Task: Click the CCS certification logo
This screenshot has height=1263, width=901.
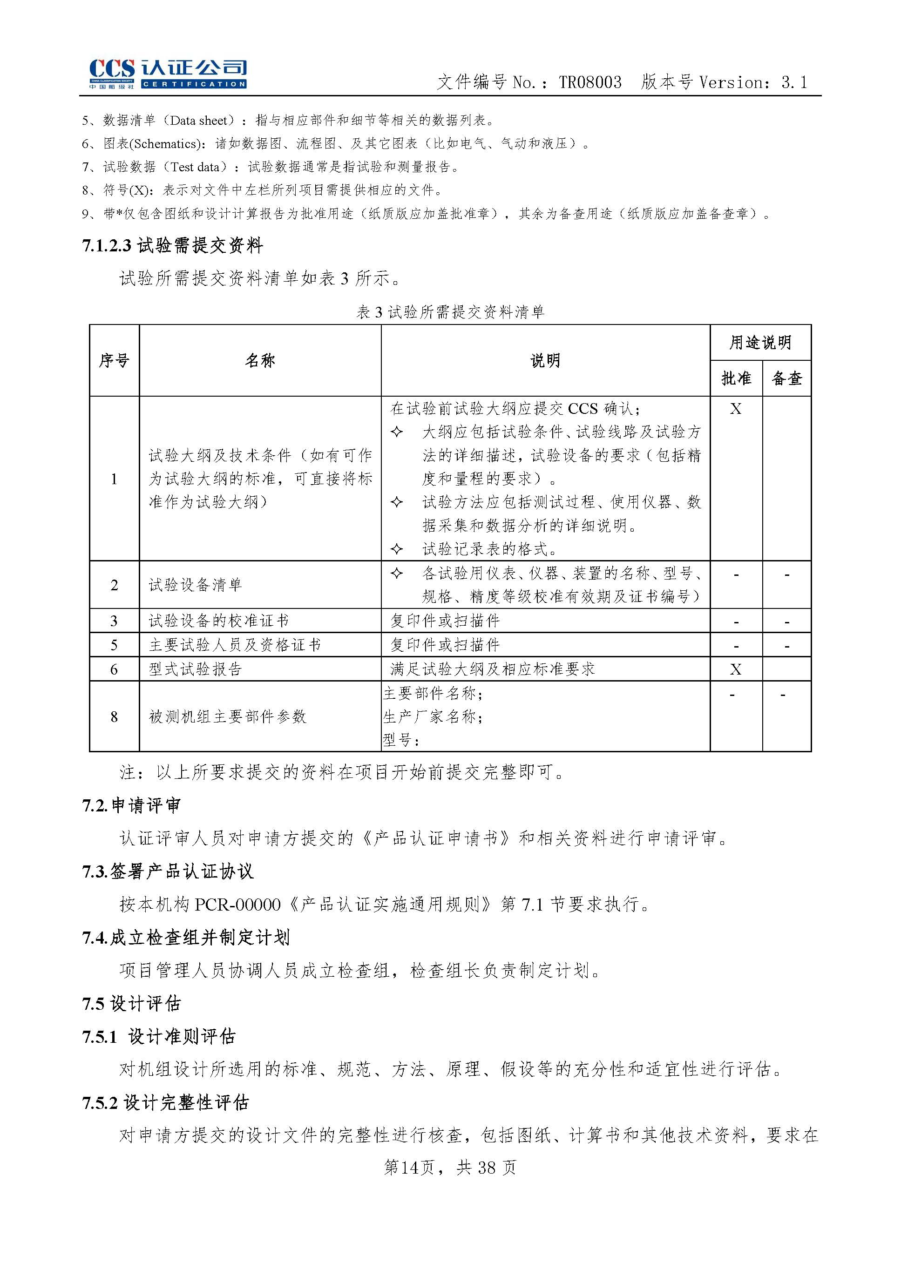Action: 168,74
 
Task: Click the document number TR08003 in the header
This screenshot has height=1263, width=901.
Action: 590,83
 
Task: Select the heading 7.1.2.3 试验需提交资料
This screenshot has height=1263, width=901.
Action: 173,245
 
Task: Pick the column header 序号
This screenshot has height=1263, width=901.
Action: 114,360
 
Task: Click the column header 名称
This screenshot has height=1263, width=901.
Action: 260,360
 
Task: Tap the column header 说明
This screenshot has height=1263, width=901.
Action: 545,360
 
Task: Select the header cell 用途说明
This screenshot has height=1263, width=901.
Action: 759,342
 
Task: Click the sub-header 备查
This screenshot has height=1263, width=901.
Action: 787,378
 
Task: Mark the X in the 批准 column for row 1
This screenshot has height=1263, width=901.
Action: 735,409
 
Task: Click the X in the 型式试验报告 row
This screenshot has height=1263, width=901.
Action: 735,669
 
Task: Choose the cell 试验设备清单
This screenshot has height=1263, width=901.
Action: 195,585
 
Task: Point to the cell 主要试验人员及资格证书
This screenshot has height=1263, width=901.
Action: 235,644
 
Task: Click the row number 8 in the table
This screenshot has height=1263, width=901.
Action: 114,716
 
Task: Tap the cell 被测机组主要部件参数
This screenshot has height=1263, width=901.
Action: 228,716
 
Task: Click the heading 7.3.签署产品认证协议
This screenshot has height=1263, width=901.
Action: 168,871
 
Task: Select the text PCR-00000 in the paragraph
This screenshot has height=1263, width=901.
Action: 238,905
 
